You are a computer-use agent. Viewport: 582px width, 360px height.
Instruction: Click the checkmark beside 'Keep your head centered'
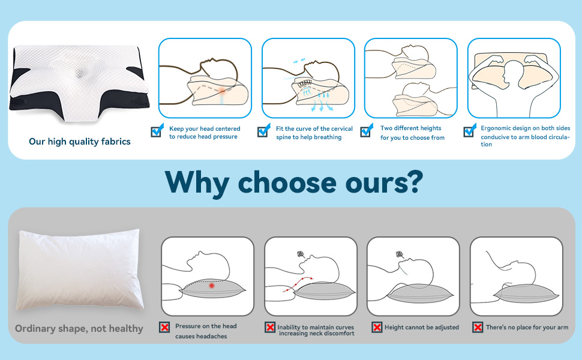157,131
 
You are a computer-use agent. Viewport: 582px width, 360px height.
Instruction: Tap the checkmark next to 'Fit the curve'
264,131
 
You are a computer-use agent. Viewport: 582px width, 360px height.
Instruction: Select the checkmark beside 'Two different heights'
367,131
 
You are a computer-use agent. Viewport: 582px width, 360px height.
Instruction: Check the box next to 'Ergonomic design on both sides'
470,131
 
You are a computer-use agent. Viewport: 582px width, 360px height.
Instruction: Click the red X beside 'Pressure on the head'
164,327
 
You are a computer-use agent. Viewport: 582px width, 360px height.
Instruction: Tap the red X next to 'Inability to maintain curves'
270,327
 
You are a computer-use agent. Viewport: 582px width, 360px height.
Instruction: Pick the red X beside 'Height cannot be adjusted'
377,327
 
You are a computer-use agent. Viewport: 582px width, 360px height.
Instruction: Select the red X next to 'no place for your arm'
478,327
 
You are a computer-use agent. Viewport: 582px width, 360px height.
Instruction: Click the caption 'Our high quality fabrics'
80,142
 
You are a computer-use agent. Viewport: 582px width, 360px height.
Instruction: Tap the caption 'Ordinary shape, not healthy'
79,328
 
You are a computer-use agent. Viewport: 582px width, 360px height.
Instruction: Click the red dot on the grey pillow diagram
212,286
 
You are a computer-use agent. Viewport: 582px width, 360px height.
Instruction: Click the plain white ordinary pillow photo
79,269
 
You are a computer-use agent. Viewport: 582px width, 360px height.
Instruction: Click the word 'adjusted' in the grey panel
446,328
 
